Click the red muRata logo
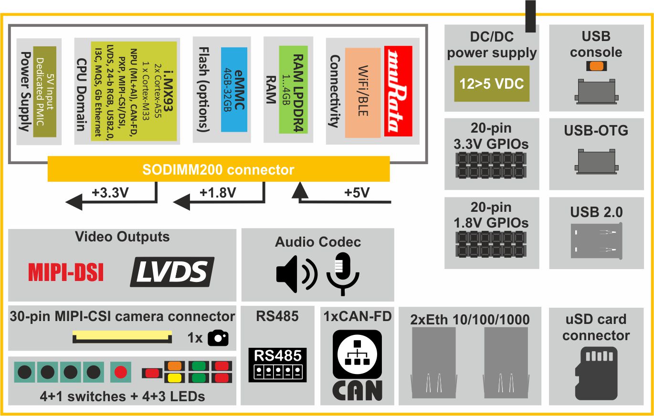[398, 91]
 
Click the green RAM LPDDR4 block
[293, 89]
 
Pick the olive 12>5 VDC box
[491, 84]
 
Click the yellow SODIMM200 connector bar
[219, 169]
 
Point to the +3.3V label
[109, 193]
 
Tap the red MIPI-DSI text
[66, 272]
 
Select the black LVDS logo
[172, 272]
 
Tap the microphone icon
[343, 274]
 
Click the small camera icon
[219, 338]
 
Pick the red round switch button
[121, 372]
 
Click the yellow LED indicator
[173, 378]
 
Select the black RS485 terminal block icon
[277, 365]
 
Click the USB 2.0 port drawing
[597, 241]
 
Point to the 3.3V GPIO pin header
[491, 165]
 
